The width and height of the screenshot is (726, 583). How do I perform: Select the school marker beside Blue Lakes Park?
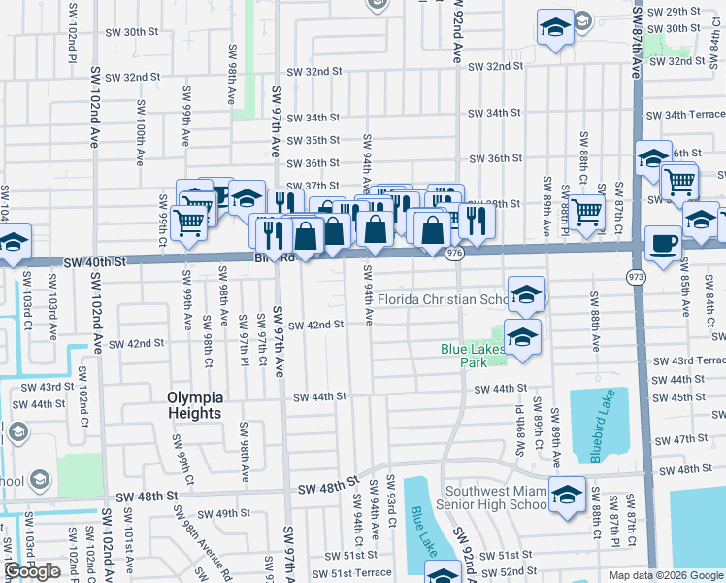tap(522, 337)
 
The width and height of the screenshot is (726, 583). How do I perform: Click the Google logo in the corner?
tap(32, 571)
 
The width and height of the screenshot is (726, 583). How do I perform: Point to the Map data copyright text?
tap(666, 575)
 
